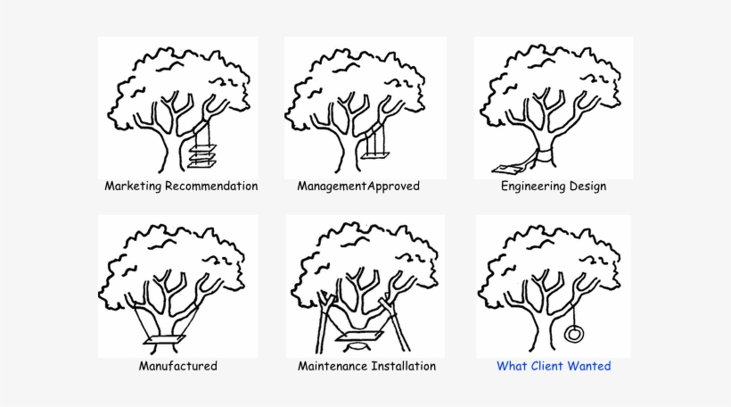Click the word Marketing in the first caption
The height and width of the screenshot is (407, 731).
133,187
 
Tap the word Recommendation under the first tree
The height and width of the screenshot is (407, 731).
211,187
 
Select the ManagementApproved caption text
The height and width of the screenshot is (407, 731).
357,187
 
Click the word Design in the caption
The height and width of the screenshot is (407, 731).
589,187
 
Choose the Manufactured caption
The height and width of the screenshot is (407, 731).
177,366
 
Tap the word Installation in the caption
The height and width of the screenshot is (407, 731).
405,366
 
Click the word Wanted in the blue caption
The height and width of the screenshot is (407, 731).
591,366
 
